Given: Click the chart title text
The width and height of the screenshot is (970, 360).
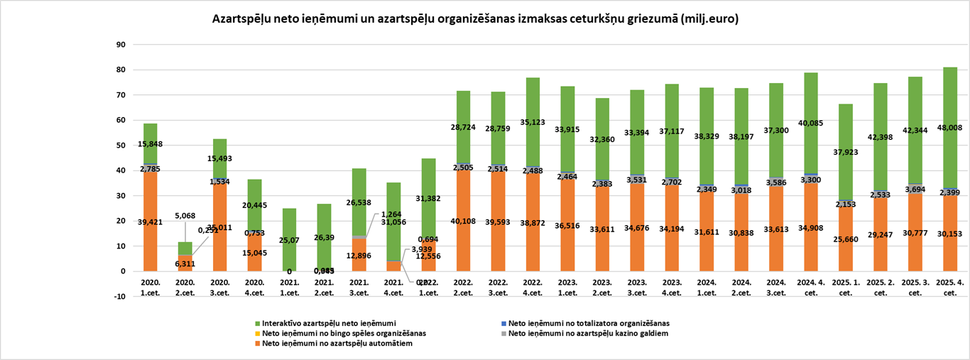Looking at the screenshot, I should (x=475, y=20).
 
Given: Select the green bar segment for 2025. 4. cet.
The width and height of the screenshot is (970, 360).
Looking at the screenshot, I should (x=950, y=107).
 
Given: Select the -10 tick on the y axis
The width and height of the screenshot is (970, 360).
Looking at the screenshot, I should (x=118, y=296).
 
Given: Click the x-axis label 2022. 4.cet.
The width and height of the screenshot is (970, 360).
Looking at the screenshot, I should (x=533, y=285).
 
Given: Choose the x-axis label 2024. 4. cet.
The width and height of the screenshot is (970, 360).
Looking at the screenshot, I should (x=811, y=285).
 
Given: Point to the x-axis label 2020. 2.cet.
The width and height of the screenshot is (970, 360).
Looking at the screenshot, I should (x=185, y=285).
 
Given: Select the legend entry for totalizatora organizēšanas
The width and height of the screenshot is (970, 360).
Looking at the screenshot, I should (x=588, y=323).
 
